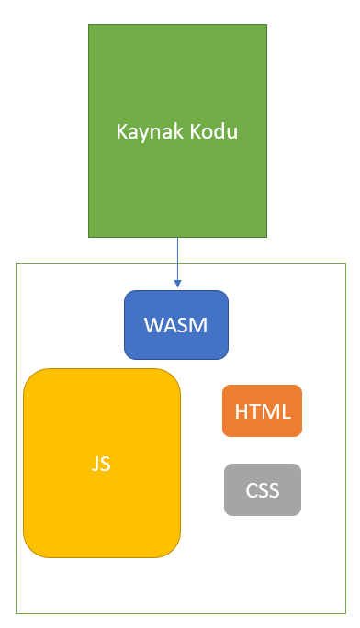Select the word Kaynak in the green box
coord(146,131)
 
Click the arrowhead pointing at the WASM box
coord(177,284)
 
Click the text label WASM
coord(176,325)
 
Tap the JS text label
coord(101,464)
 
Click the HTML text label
coord(262,411)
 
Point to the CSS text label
coord(263,490)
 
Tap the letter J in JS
coord(96,464)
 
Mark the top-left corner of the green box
coord(89,26)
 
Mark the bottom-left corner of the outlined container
coord(17,612)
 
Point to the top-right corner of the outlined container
coord(345,264)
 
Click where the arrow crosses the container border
coord(177,264)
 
